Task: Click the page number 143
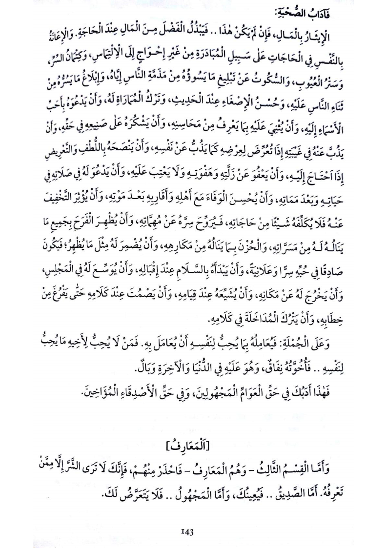pos(193,531)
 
